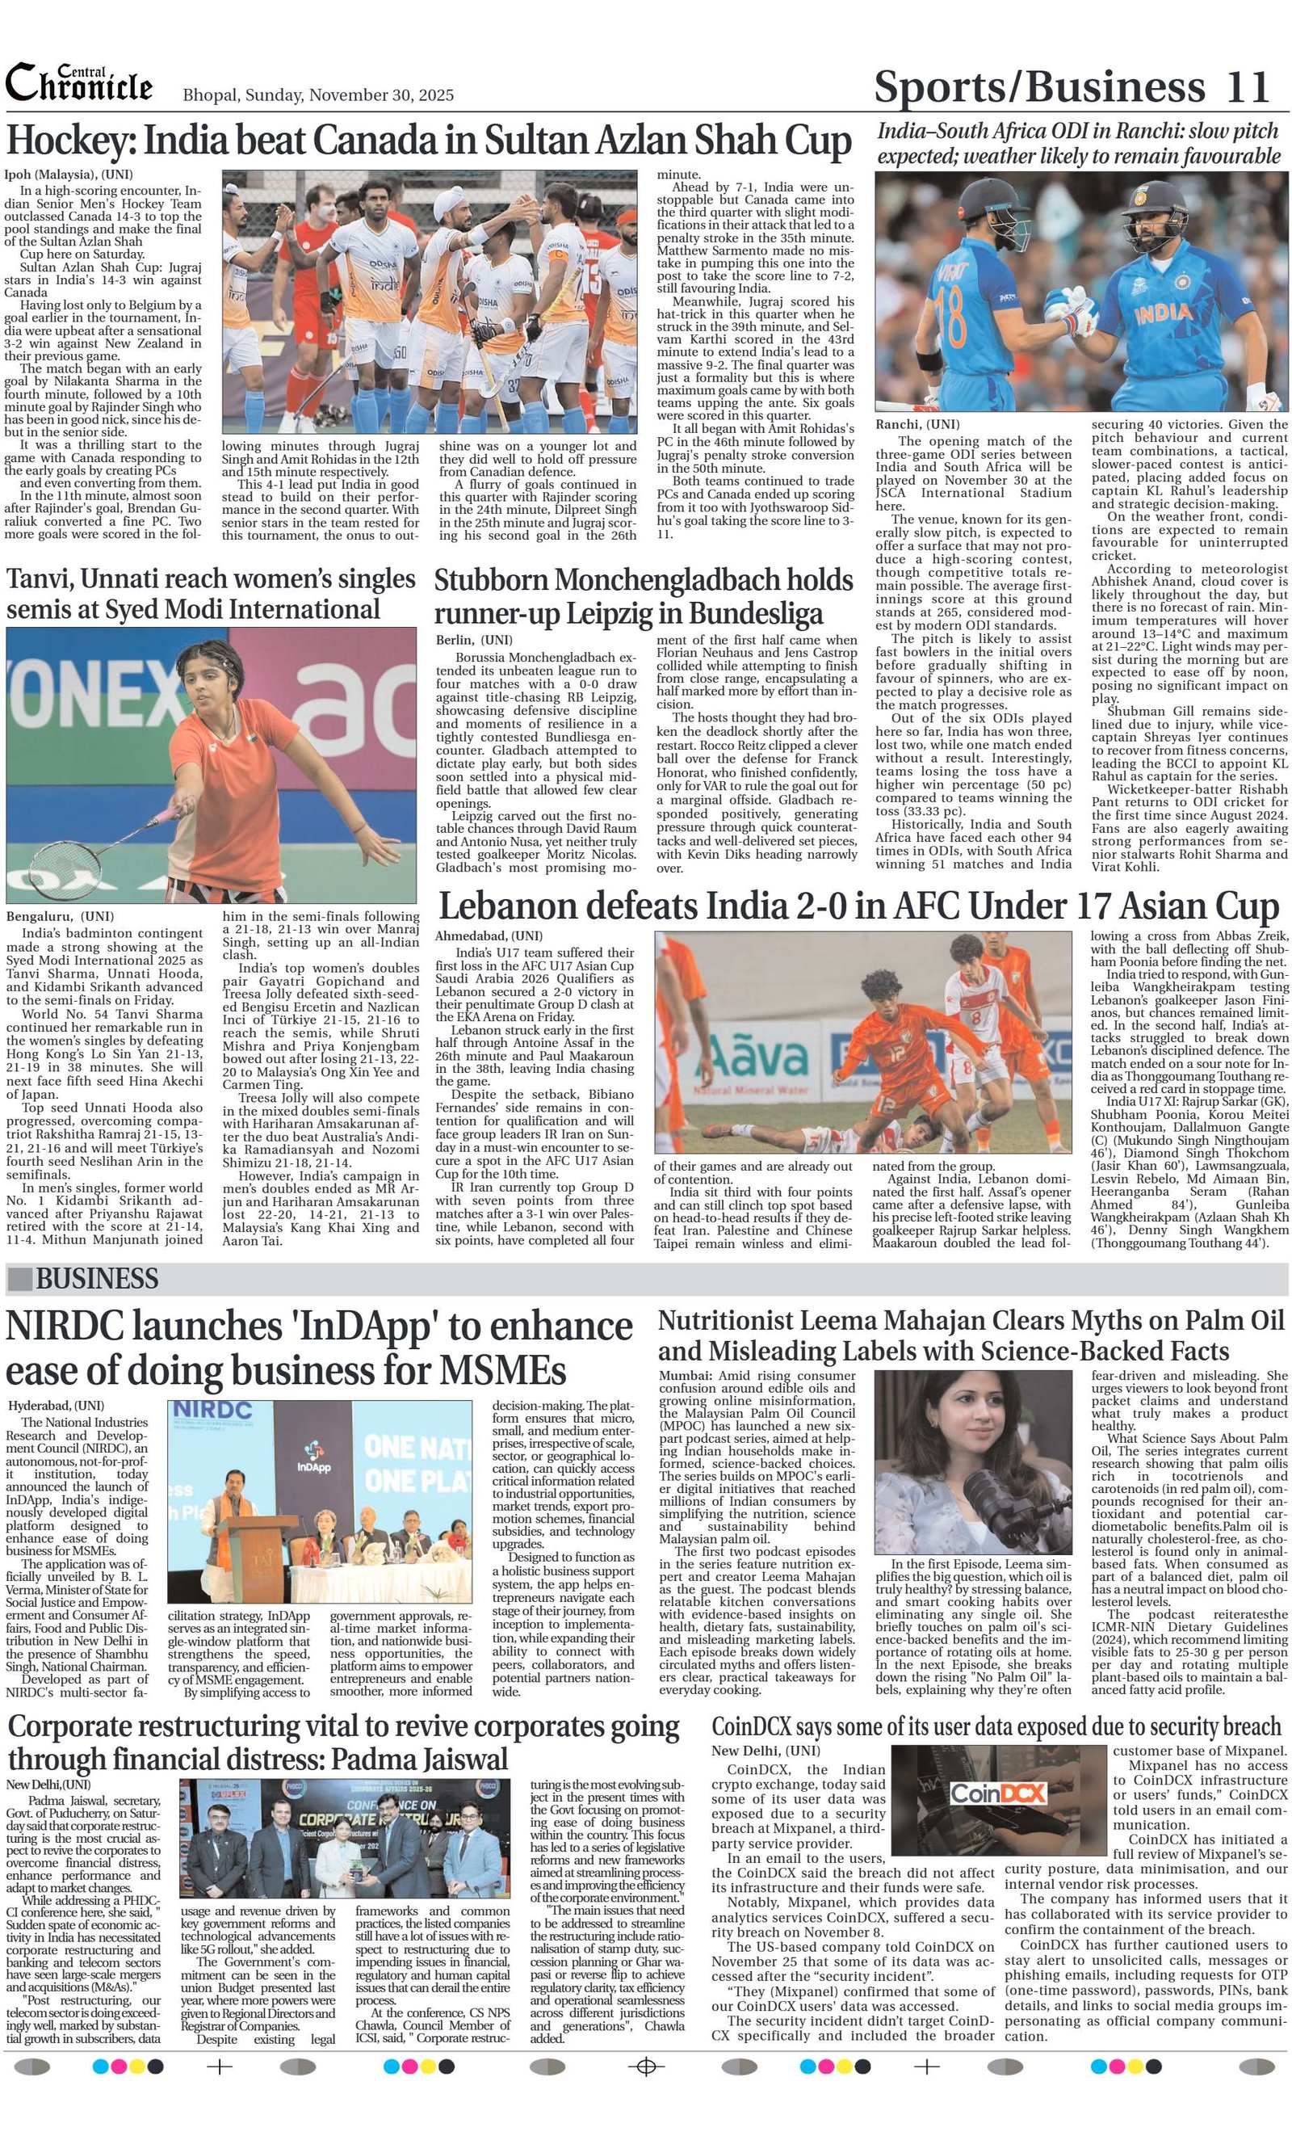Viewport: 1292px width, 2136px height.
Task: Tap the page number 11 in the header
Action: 1248,86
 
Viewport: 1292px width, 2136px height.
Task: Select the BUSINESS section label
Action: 96,1279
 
